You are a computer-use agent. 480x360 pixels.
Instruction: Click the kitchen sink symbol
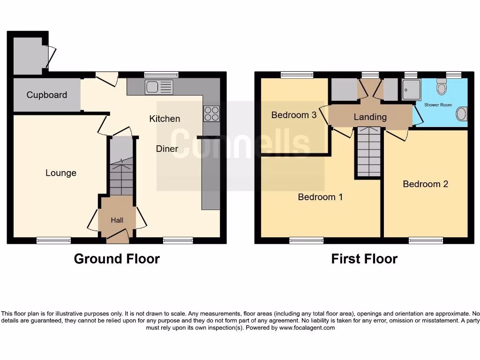click(159, 87)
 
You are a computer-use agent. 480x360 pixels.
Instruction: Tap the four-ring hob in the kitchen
click(211, 114)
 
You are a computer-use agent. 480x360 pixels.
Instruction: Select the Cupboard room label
click(46, 95)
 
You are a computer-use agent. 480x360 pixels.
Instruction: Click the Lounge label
click(60, 173)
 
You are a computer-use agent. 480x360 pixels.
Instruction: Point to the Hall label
click(117, 220)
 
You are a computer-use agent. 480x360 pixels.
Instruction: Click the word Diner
click(167, 149)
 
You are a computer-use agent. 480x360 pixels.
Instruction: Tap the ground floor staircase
click(121, 176)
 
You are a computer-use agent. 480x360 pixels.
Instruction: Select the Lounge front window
click(54, 240)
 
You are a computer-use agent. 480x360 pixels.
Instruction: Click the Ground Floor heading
click(117, 259)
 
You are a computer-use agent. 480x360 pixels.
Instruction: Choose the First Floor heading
click(364, 259)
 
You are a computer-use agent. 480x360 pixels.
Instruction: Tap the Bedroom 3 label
click(294, 115)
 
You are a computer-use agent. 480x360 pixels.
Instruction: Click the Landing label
click(370, 117)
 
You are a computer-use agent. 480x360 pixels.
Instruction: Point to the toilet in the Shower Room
click(442, 87)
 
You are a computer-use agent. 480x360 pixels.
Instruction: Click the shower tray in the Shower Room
click(411, 89)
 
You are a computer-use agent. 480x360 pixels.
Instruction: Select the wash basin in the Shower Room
click(462, 114)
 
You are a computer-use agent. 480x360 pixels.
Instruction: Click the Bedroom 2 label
click(425, 184)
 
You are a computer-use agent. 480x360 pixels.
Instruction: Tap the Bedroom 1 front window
click(306, 240)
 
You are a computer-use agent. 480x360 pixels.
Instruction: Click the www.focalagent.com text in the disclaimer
click(307, 328)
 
